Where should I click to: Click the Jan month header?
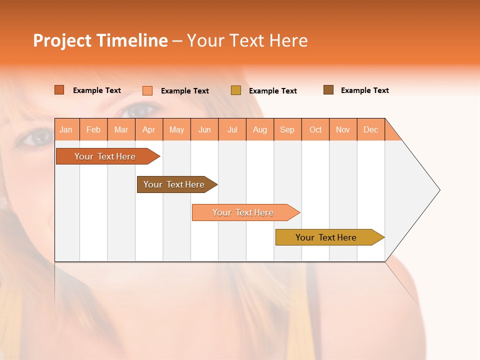click(x=66, y=129)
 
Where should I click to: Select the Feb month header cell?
click(x=93, y=129)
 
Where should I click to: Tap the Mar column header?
click(x=121, y=129)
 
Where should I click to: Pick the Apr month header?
click(x=149, y=129)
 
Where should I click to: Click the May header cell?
click(x=176, y=129)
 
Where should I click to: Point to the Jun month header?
click(x=204, y=129)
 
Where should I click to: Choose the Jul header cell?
click(x=232, y=129)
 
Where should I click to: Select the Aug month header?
click(x=260, y=129)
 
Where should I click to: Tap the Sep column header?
click(x=287, y=129)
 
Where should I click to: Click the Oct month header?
click(x=315, y=129)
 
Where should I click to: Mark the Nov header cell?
click(x=343, y=129)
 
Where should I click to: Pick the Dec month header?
click(x=371, y=129)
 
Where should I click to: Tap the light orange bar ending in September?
click(x=243, y=212)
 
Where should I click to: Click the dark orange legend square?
click(x=59, y=90)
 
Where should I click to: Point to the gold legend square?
click(x=236, y=90)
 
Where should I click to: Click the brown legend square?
click(x=328, y=90)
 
